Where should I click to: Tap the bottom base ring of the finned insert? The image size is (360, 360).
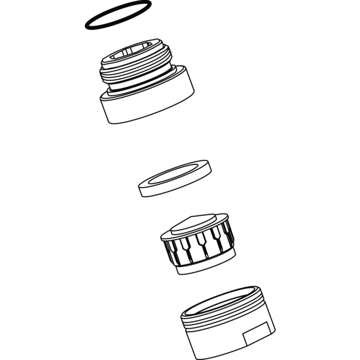point(206,265)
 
